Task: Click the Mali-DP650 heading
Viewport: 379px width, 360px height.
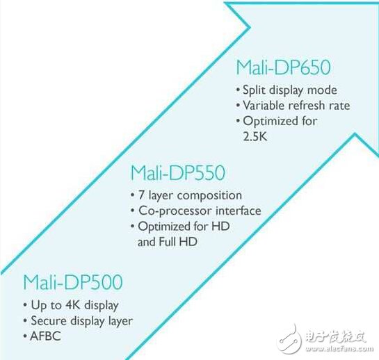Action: point(283,67)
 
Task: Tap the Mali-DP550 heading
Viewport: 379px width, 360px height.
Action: point(178,172)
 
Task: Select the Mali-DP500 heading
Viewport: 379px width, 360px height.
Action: point(73,282)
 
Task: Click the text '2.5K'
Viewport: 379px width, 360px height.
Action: point(255,137)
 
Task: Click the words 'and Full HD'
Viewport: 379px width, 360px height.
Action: point(168,242)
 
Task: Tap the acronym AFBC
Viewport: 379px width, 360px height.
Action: point(46,336)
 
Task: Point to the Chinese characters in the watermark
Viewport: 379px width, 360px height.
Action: point(336,336)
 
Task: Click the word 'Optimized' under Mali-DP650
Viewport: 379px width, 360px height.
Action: point(271,122)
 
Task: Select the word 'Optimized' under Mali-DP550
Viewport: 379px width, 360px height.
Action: point(165,227)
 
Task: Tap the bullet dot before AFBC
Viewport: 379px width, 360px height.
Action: point(25,336)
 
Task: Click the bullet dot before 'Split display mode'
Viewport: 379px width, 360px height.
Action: point(238,90)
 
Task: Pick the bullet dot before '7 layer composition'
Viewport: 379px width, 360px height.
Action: point(132,195)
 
